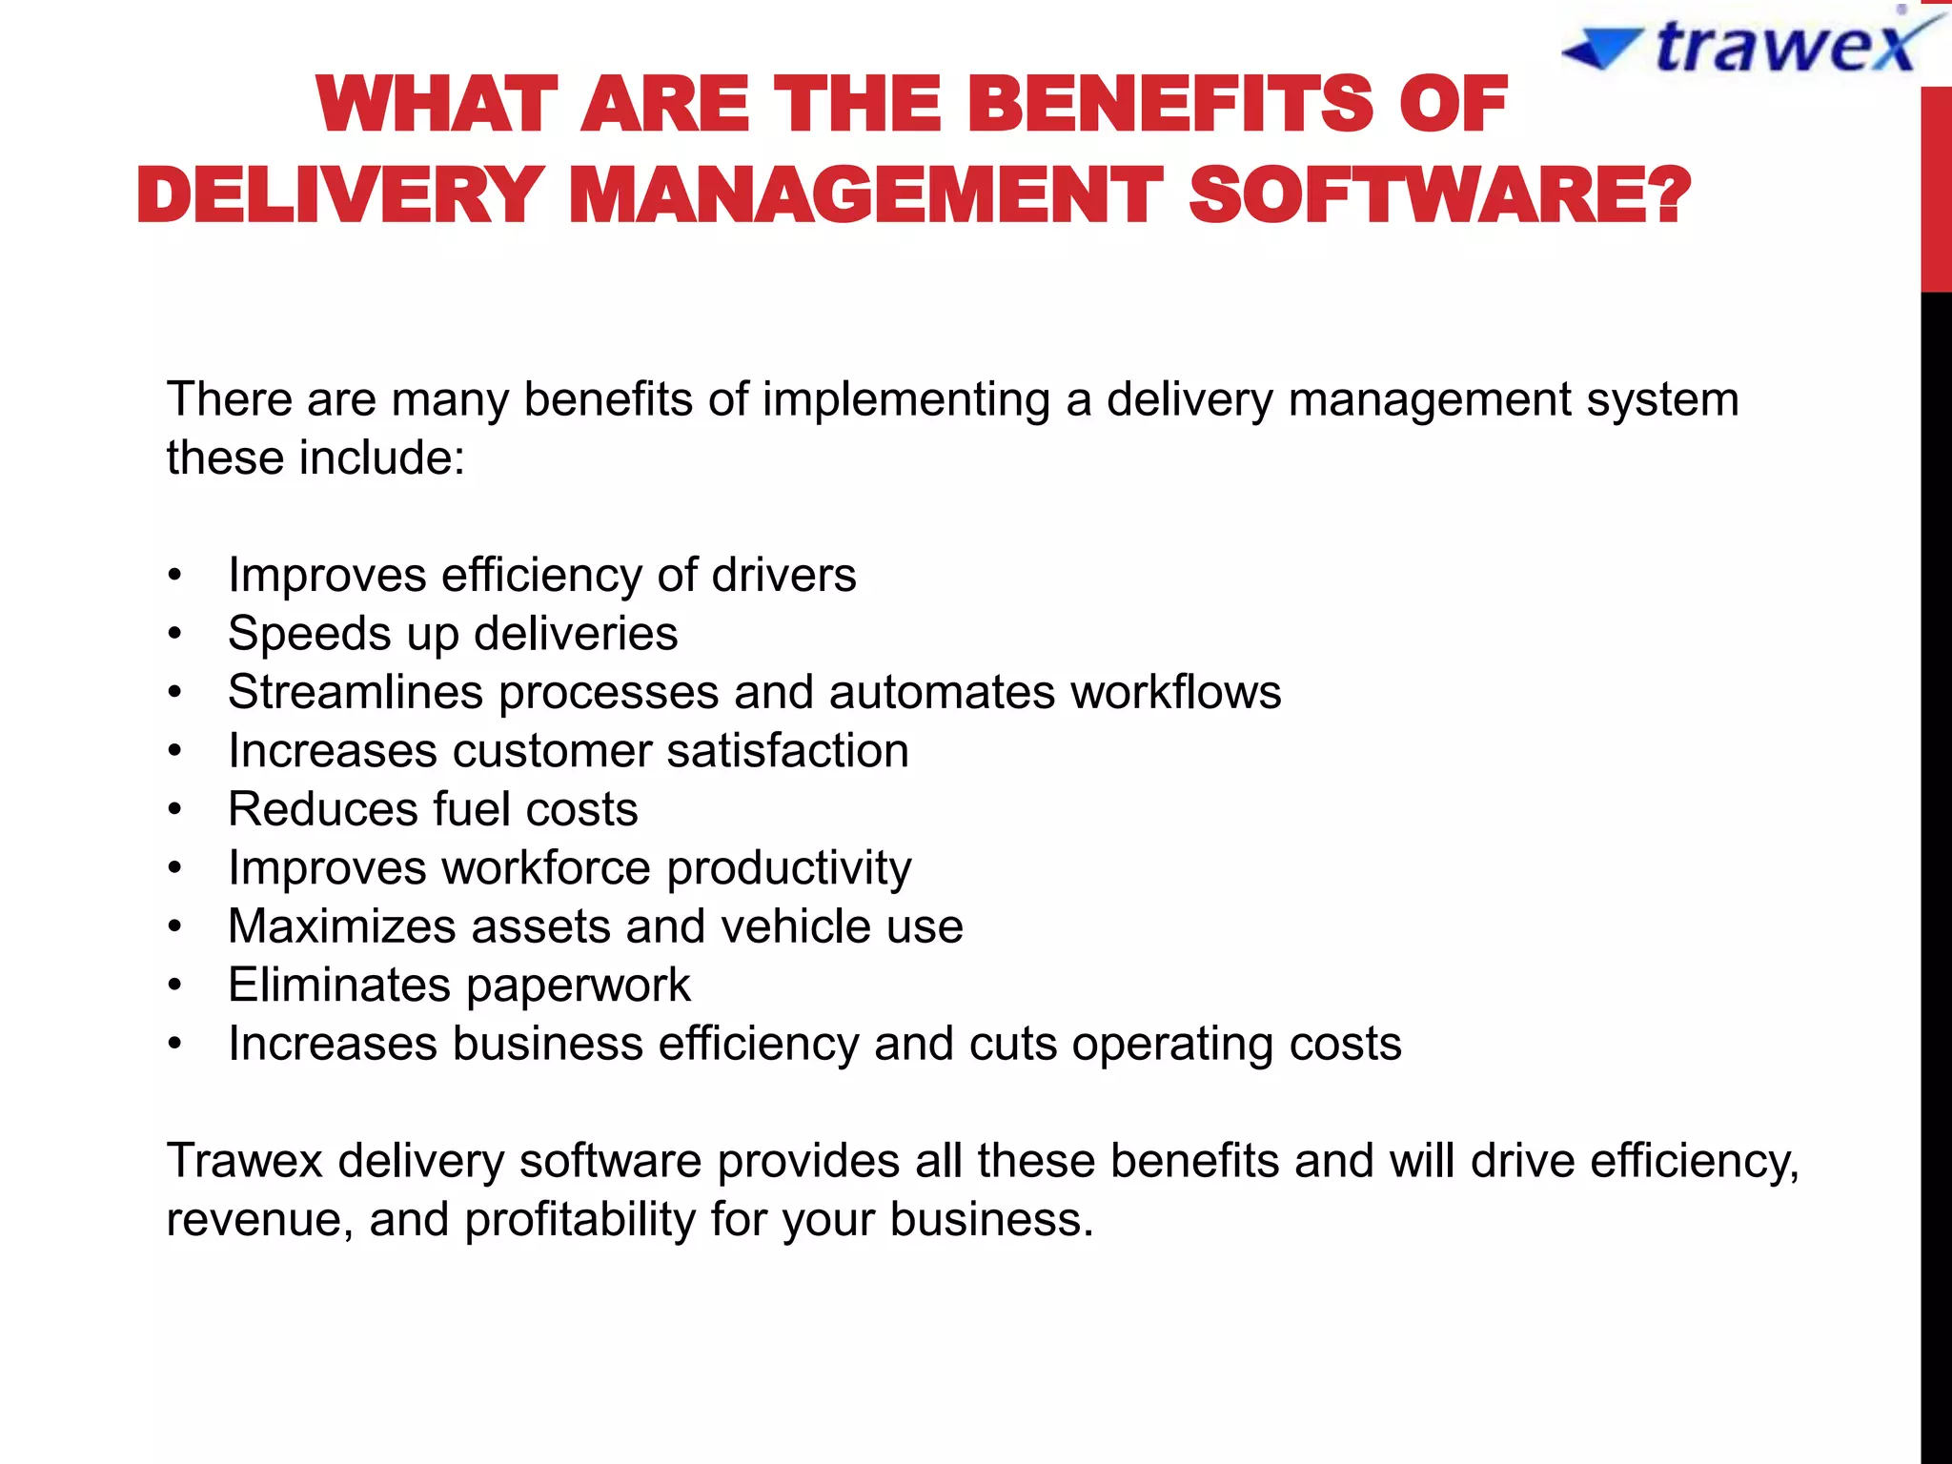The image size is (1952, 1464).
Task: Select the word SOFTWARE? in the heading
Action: (1439, 195)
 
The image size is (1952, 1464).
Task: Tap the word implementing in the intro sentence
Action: (905, 399)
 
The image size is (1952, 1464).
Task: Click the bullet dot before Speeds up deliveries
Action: (174, 634)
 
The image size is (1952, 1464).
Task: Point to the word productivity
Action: (788, 868)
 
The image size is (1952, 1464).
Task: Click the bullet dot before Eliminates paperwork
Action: (174, 986)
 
